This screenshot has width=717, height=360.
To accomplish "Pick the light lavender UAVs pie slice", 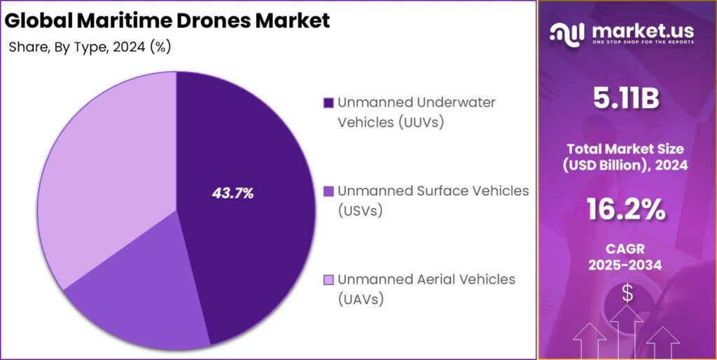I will [x=105, y=175].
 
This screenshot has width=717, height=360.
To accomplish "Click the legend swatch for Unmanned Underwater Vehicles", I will [x=328, y=104].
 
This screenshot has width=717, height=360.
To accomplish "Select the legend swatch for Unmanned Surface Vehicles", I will [x=328, y=192].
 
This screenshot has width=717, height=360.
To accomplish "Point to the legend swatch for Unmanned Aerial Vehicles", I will [x=328, y=280].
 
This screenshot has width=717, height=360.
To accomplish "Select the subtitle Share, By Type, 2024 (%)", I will [x=90, y=48].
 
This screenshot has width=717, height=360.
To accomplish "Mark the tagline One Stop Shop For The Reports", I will [x=642, y=43].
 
